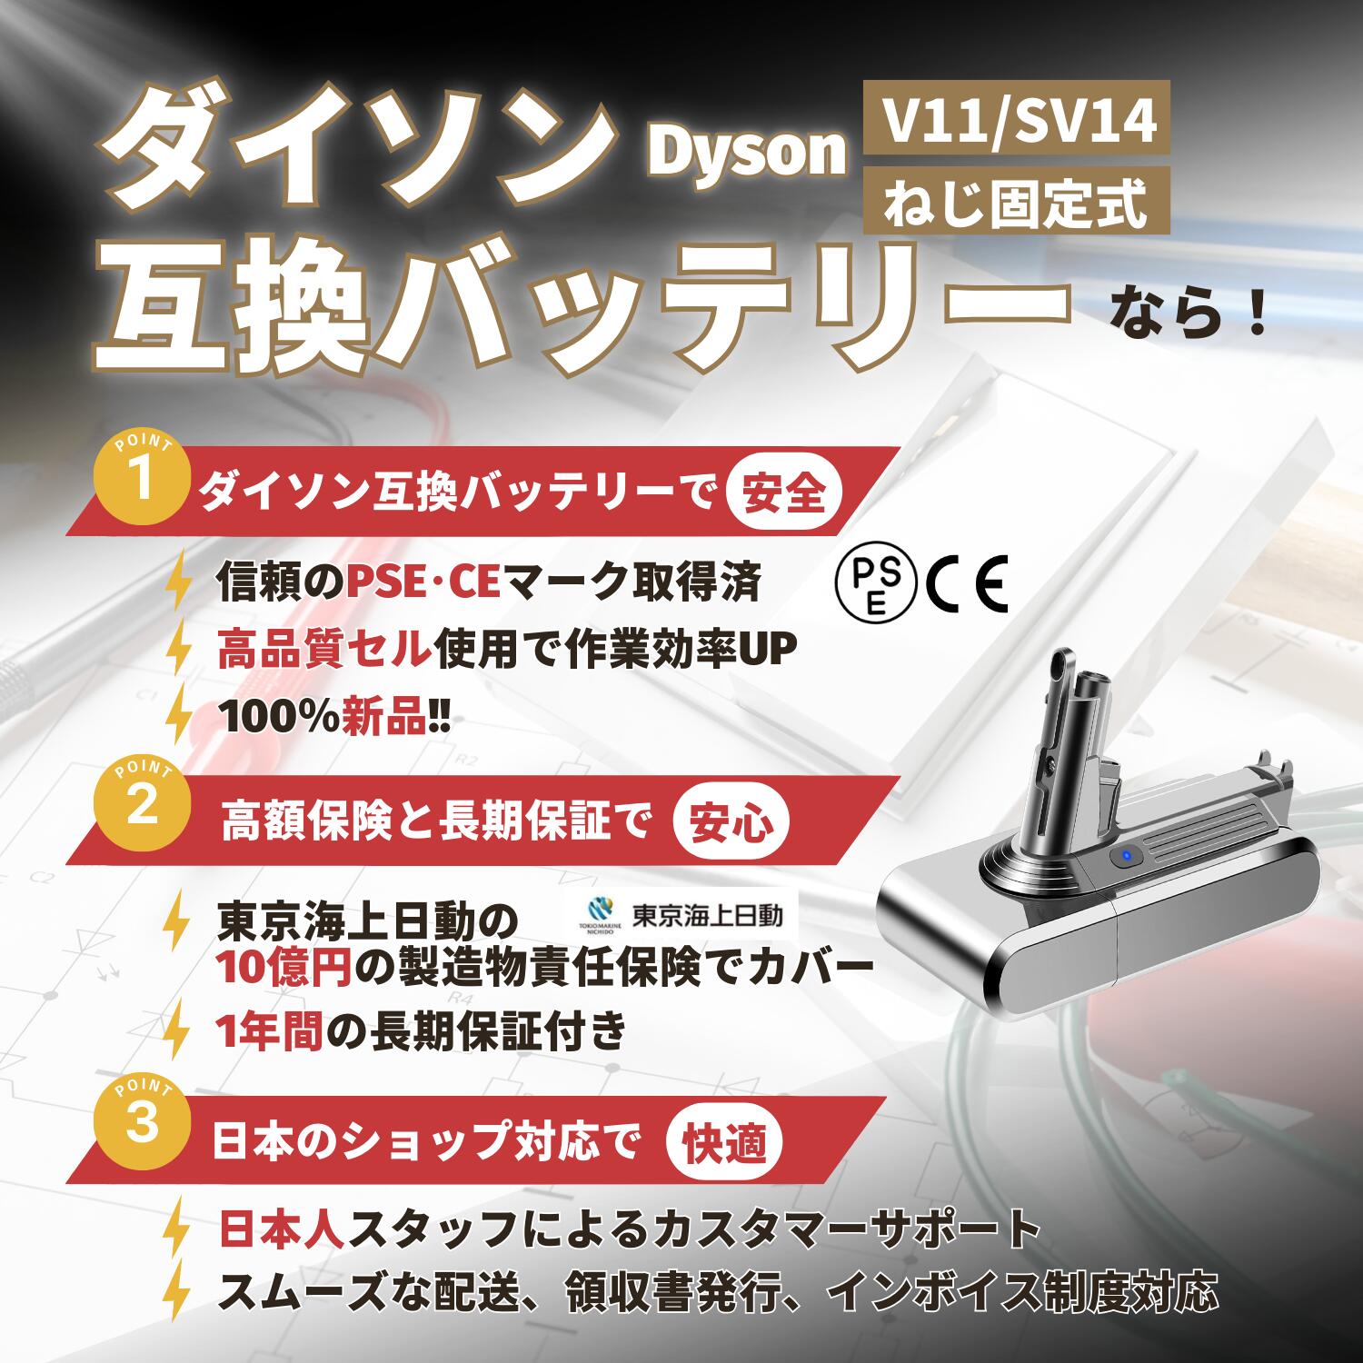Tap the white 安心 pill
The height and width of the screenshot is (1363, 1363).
point(731,823)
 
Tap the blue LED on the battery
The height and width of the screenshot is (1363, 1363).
point(1127,855)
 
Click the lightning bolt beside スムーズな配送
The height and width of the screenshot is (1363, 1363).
point(180,1291)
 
